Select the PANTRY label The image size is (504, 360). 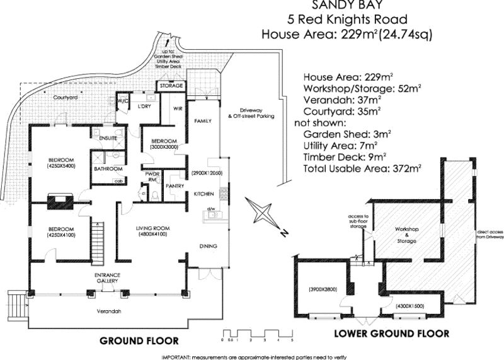[174, 187]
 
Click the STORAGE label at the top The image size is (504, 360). [171, 85]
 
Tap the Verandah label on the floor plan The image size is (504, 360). [110, 311]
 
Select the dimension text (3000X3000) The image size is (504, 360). [162, 147]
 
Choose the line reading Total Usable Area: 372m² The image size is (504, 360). [361, 168]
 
